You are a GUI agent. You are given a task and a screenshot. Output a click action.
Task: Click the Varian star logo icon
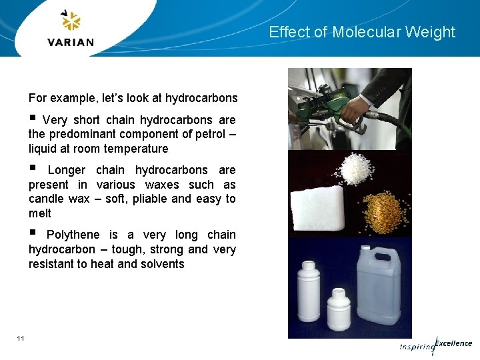pos(70,21)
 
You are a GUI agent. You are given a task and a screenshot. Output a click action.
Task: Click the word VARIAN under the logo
pos(71,42)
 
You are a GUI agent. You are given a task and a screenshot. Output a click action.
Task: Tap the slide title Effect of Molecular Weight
pos(362,32)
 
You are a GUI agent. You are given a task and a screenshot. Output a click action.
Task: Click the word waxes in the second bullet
pos(164,185)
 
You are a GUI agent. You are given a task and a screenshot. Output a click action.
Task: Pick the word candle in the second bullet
pos(46,199)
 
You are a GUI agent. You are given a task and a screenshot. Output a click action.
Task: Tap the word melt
pos(39,213)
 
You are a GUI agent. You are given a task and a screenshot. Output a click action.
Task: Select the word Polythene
pos(73,235)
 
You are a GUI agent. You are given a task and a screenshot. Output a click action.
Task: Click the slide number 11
pos(21,339)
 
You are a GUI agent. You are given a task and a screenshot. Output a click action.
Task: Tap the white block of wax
pos(315,209)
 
